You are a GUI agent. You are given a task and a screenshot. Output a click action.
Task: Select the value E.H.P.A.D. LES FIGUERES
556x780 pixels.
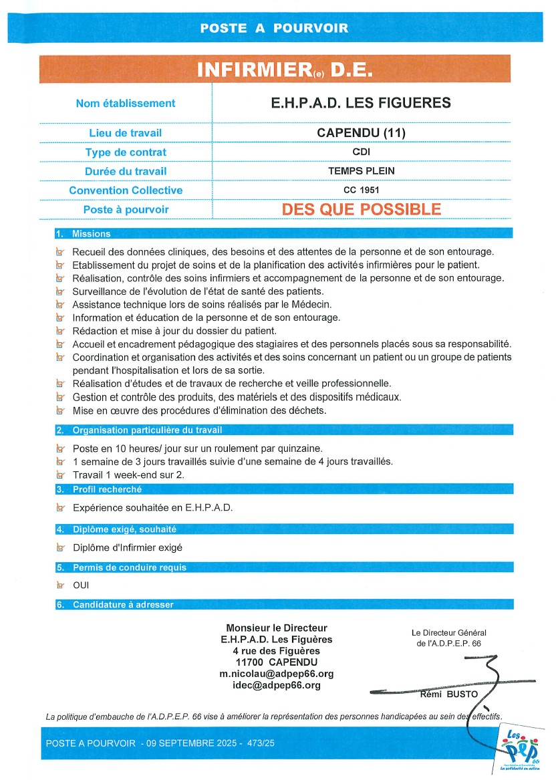[361, 103]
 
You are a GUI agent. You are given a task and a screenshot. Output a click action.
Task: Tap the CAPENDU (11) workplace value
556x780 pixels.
[361, 132]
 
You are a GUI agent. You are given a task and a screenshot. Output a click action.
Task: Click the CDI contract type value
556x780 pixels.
[361, 152]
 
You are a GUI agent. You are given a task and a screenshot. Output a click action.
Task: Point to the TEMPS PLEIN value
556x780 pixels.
[361, 171]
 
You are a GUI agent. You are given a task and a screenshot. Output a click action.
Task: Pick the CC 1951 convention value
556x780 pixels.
[361, 190]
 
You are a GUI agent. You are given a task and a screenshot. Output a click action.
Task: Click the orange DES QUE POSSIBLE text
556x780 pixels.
[361, 209]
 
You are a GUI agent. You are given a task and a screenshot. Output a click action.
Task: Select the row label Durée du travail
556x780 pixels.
[126, 171]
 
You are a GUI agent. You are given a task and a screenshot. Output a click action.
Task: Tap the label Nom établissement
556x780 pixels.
[126, 103]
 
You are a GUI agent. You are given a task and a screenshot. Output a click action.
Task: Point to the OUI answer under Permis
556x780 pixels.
[81, 586]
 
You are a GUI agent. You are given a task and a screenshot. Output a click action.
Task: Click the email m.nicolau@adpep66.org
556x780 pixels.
[277, 674]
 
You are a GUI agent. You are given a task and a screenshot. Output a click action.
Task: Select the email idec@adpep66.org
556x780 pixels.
[277, 685]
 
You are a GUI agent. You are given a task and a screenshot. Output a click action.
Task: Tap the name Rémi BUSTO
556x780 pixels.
[448, 694]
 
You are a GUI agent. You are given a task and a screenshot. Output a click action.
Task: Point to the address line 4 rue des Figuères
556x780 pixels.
[277, 650]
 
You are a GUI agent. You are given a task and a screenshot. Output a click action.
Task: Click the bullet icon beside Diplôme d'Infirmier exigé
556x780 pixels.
[61, 548]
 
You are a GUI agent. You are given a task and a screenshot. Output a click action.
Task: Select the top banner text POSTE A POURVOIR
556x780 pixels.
[275, 28]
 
